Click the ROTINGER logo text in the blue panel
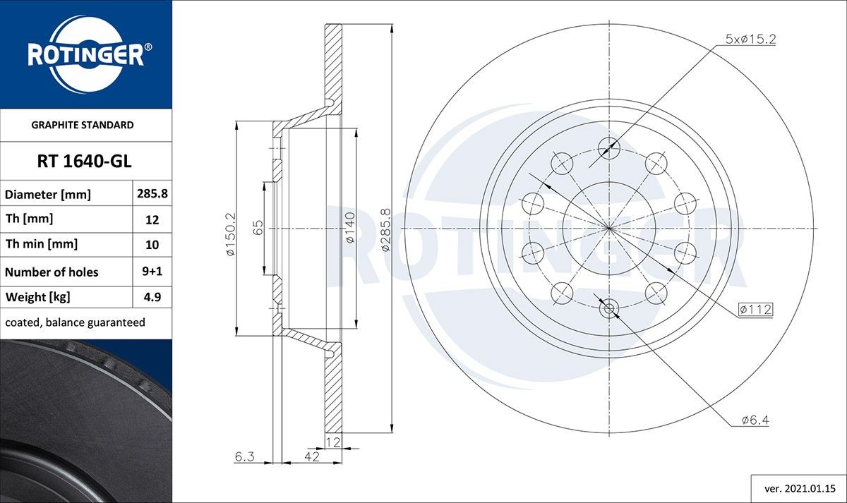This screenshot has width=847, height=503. tap(85, 56)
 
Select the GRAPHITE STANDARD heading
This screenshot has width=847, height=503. tap(83, 125)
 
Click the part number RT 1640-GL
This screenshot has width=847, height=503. tap(84, 162)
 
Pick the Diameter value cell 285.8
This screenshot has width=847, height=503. tap(152, 193)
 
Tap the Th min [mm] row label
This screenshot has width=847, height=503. tap(42, 244)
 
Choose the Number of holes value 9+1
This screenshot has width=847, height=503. tap(152, 272)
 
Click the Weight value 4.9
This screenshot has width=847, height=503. tap(152, 297)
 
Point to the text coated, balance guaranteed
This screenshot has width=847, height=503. tap(75, 322)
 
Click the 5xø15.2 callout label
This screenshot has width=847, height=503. tap(750, 40)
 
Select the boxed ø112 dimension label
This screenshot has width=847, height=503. tap(755, 309)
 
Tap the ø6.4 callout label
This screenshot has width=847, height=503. tap(755, 420)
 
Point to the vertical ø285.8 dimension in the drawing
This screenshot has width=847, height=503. tap(385, 230)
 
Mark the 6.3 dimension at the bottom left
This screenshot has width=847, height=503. tap(244, 457)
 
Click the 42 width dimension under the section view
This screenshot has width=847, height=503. tap(312, 457)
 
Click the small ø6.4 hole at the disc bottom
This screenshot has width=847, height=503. tap(609, 308)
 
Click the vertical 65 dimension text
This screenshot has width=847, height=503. tap(258, 227)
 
